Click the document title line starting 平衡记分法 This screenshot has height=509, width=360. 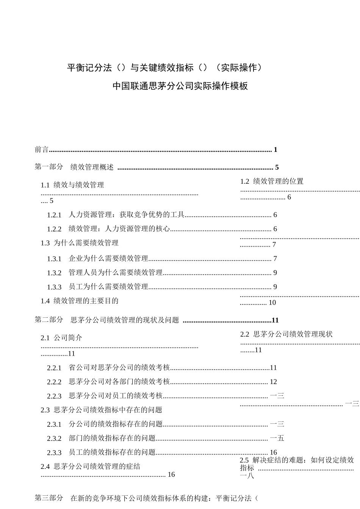coord(164,68)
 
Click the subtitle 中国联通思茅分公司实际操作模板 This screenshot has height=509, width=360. coord(180,86)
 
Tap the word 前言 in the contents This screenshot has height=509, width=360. coord(42,150)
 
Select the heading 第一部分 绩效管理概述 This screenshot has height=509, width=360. coord(74,167)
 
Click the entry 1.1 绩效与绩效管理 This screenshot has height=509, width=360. coord(72,185)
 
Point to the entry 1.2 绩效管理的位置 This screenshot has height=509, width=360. coord(272,181)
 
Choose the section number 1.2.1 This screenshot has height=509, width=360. coord(54,215)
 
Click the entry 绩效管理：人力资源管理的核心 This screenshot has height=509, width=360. coord(119,229)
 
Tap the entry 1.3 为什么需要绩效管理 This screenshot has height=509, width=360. coord(80,243)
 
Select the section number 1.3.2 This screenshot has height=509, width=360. coord(54,273)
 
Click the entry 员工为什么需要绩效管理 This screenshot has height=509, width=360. coord(108,287)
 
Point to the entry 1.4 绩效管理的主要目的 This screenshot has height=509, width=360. coord(80,301)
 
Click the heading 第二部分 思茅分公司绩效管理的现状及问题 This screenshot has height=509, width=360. coord(107,320)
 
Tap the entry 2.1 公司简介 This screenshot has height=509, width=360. coord(61,338)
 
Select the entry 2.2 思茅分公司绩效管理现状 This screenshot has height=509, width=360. coord(286,334)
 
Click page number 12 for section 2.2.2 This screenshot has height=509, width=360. coord(273,382)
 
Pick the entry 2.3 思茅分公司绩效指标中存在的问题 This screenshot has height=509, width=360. coord(101,410)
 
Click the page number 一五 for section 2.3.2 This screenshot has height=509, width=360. coord(277,438)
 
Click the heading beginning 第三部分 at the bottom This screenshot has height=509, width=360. coord(146,498)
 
